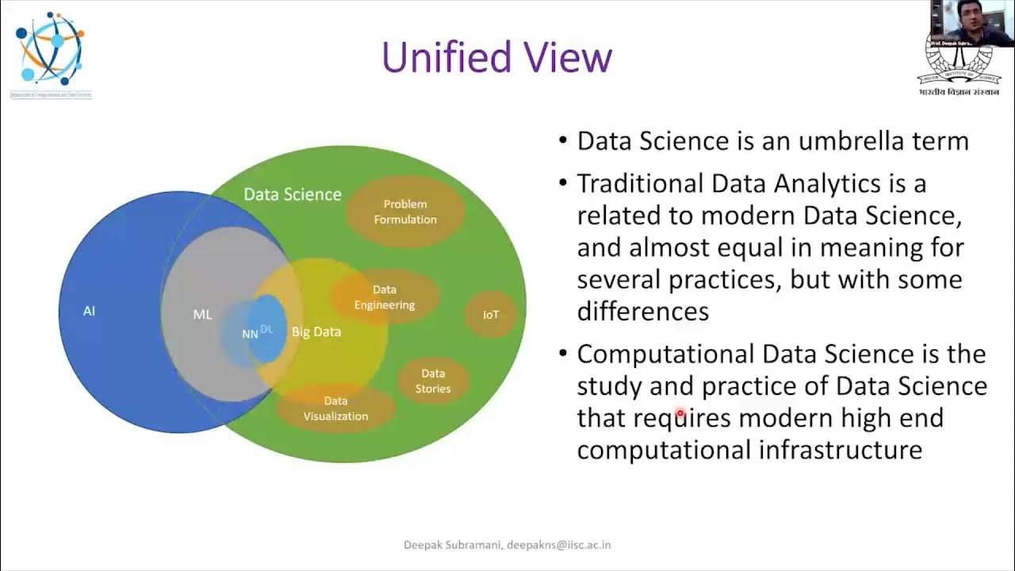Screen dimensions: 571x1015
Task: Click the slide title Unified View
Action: point(497,58)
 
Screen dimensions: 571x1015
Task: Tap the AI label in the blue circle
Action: point(89,311)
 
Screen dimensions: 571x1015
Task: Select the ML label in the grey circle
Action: point(202,314)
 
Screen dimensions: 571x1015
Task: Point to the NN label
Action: point(250,334)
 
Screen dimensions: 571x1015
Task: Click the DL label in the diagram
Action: point(267,328)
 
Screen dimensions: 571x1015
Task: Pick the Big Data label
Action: point(316,331)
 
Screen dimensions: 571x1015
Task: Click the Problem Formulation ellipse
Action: point(405,212)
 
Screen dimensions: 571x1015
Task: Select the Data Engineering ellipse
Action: point(385,297)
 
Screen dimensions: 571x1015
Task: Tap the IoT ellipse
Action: point(491,315)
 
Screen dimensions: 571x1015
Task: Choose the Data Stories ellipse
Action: point(433,381)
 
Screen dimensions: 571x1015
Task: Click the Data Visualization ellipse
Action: point(335,408)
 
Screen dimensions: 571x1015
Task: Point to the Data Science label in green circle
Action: point(292,194)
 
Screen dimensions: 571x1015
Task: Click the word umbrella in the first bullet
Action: point(856,141)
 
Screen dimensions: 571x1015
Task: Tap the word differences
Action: point(642,312)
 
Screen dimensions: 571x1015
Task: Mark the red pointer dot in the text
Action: point(680,414)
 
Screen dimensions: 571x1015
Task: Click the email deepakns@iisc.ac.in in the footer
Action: point(559,545)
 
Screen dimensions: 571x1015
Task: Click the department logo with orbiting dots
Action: point(50,49)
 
